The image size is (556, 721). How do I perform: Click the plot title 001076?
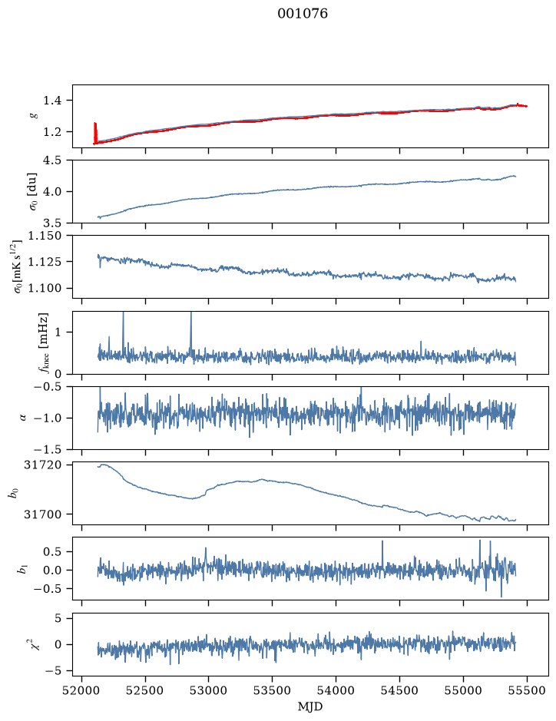coord(302,14)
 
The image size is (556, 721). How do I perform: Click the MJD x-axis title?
coord(310,706)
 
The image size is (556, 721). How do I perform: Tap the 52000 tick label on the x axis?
coord(82,690)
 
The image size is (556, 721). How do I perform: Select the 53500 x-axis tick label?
coord(273,690)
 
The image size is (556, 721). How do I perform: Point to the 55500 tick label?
coord(527,690)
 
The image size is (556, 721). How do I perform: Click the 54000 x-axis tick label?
coord(336,690)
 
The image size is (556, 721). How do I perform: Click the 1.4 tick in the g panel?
coord(52,101)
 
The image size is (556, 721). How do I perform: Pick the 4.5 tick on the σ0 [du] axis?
coord(52,160)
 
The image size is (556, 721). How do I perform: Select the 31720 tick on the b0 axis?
coord(42,465)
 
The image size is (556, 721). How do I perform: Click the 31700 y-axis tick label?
coord(42,514)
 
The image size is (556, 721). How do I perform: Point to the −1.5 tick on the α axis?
coord(48,449)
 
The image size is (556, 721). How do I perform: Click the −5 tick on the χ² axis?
coord(53,671)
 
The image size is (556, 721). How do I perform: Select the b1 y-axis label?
coord(22,568)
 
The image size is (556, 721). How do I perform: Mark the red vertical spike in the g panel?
coord(95,133)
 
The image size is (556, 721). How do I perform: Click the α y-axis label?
coord(23,418)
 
